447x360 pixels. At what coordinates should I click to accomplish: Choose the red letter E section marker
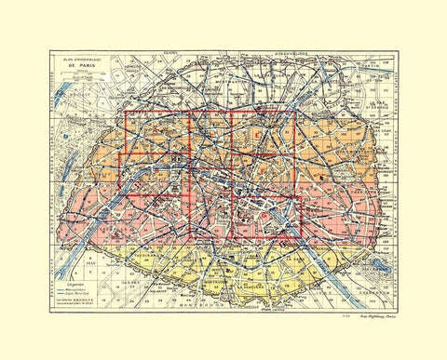[255, 136]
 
